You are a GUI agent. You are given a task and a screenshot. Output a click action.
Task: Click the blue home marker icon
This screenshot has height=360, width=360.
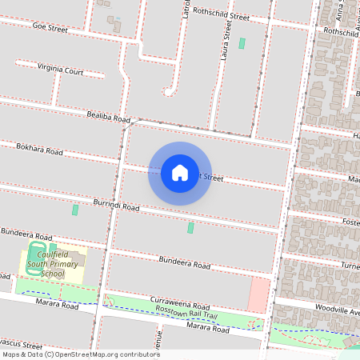pyautogui.click(x=180, y=173)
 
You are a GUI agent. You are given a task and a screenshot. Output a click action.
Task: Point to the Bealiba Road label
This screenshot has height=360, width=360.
pyautogui.click(x=108, y=118)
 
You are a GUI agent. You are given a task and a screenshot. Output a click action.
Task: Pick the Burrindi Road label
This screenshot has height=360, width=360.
pyautogui.click(x=116, y=206)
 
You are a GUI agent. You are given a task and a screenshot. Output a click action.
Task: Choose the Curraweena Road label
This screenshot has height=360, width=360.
pyautogui.click(x=180, y=305)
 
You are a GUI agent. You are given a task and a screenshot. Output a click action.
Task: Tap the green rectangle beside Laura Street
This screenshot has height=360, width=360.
pyautogui.click(x=242, y=43)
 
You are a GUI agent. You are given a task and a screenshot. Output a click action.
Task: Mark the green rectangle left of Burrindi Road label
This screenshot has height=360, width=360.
pyautogui.click(x=75, y=210)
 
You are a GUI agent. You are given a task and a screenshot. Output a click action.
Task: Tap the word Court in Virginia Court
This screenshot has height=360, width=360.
pyautogui.click(x=74, y=71)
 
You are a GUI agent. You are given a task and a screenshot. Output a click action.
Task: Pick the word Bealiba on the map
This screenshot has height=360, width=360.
pyautogui.click(x=99, y=117)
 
